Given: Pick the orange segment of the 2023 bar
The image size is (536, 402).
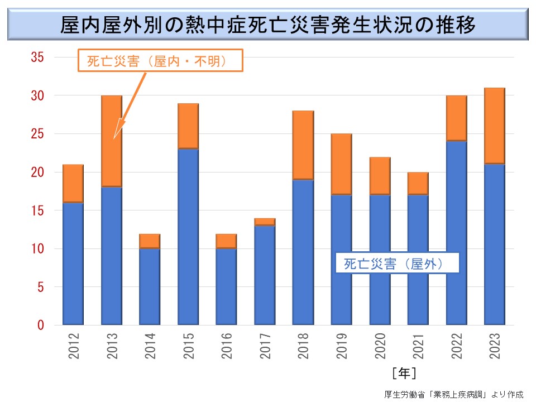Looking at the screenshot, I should click(494, 126).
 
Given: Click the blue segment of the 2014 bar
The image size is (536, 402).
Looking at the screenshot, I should click(150, 286).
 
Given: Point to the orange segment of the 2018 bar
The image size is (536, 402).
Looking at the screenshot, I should click(303, 145).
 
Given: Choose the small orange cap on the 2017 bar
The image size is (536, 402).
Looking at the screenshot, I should click(265, 222).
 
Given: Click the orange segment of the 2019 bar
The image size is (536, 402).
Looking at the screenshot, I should click(341, 164).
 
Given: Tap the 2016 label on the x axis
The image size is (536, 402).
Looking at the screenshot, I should click(226, 346).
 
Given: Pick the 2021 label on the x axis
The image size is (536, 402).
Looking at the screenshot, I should click(418, 346).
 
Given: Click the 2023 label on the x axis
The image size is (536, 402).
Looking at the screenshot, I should click(494, 346).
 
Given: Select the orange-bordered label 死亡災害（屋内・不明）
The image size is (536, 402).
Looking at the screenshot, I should click(160, 60).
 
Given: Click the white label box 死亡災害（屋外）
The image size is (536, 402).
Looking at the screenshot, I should click(397, 262).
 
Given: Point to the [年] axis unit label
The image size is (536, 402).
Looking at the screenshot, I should click(403, 371).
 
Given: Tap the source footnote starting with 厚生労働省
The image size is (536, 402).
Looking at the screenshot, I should click(454, 393).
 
